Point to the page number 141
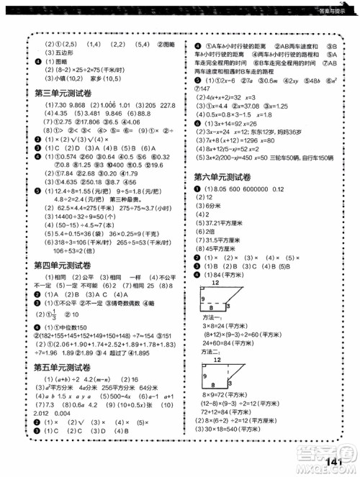[x=337, y=461]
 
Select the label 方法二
[x=212, y=353]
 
